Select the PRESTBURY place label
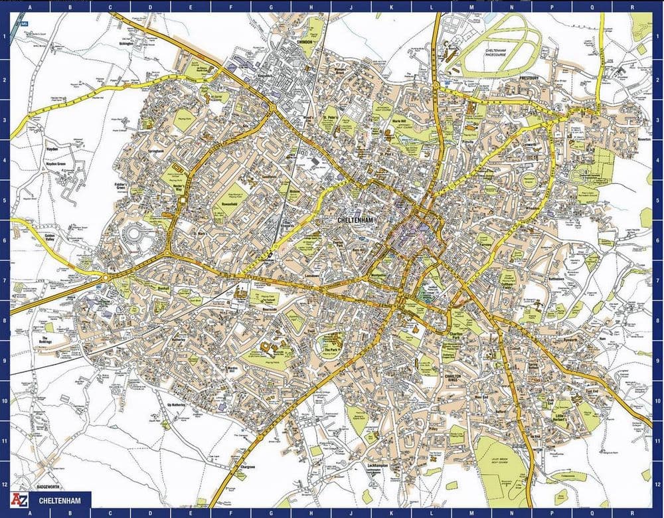532,78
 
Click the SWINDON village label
304,41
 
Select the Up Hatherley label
176,404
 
